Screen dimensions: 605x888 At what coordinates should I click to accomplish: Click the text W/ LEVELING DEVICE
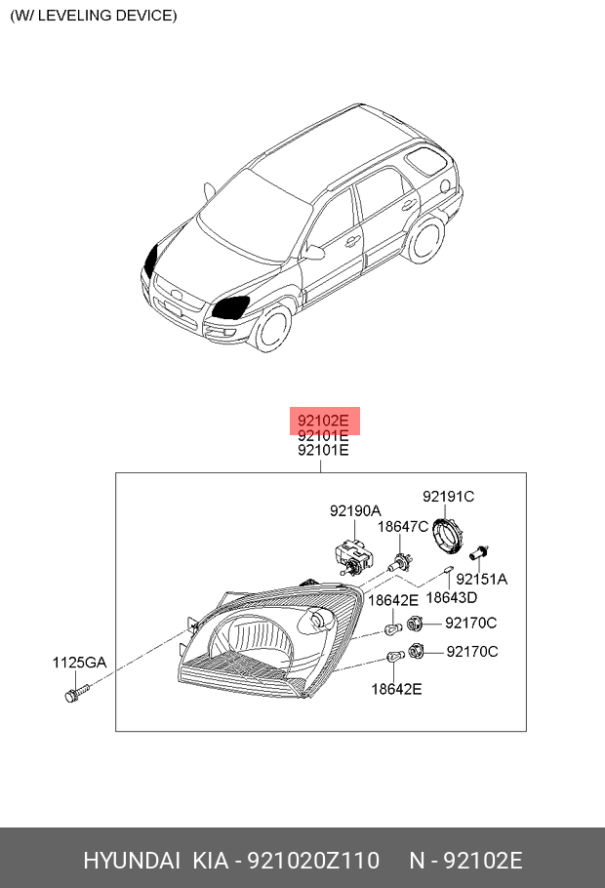[94, 16]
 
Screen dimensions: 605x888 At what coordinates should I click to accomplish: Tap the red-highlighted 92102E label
[323, 421]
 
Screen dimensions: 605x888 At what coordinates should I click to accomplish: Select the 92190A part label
[355, 510]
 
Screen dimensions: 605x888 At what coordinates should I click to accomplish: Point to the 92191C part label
[448, 496]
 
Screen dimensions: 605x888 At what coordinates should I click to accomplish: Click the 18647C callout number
[403, 527]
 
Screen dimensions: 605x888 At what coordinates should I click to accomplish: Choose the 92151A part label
[481, 580]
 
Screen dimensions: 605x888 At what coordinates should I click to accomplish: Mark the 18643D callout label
[452, 597]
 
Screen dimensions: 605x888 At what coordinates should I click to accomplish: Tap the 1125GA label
[79, 662]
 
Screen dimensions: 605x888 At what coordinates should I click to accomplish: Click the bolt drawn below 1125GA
[77, 693]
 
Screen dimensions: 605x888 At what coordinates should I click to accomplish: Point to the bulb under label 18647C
[400, 562]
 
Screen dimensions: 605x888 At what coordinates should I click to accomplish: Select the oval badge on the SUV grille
[178, 295]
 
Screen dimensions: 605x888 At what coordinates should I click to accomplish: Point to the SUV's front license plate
[174, 309]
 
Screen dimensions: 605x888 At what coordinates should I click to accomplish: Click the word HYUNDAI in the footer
[132, 861]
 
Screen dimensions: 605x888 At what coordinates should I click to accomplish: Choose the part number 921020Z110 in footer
[314, 861]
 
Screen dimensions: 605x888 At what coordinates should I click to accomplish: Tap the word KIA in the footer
[210, 861]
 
